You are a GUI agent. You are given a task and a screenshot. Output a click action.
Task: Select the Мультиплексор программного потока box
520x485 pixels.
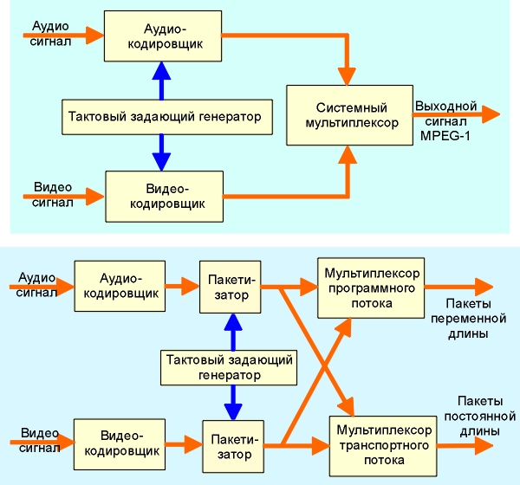(x=370, y=288)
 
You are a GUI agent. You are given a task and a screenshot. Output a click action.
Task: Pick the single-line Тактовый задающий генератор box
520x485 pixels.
(x=164, y=116)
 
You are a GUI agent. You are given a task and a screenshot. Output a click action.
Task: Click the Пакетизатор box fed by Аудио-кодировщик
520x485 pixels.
(x=230, y=288)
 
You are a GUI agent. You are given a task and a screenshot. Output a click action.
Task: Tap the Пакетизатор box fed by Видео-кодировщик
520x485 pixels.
(x=232, y=444)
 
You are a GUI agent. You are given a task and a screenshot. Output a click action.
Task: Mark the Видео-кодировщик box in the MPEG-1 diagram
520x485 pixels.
(x=163, y=196)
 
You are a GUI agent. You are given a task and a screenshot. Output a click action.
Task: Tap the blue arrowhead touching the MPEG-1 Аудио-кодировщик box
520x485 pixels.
(x=158, y=68)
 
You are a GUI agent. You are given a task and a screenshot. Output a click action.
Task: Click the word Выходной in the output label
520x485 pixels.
(x=445, y=107)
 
